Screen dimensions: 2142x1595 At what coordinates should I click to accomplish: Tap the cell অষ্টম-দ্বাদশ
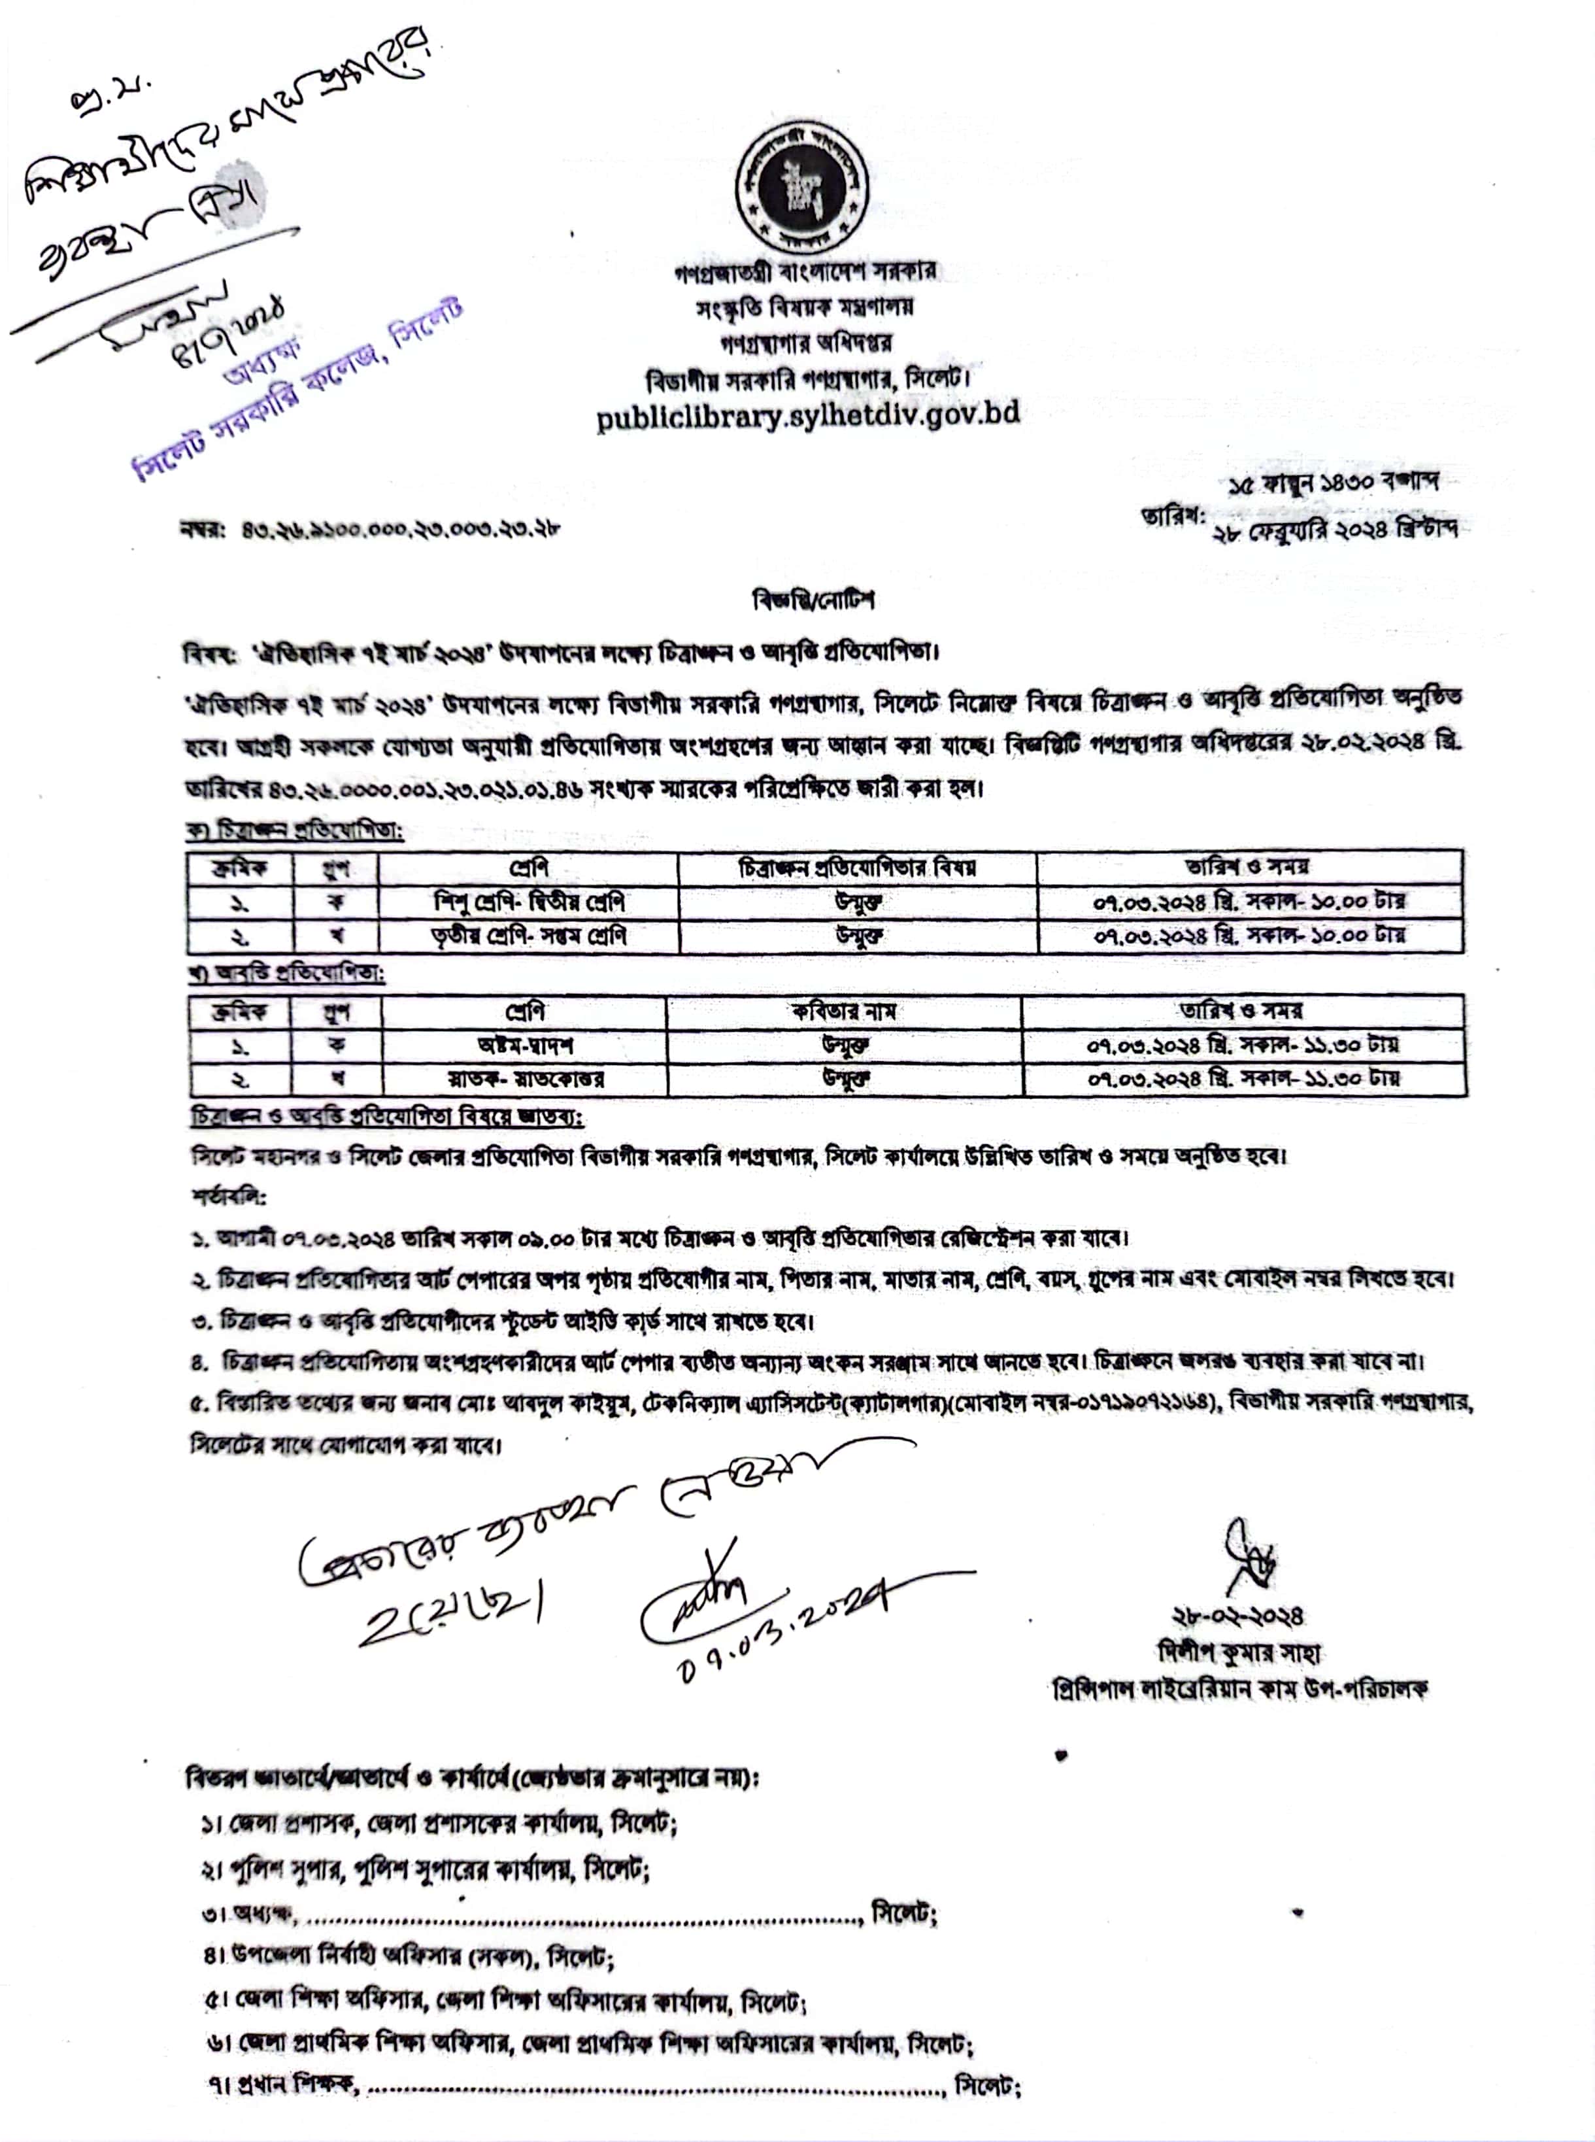point(525,1045)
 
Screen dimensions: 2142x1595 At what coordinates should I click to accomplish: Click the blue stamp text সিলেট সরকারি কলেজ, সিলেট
point(299,394)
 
